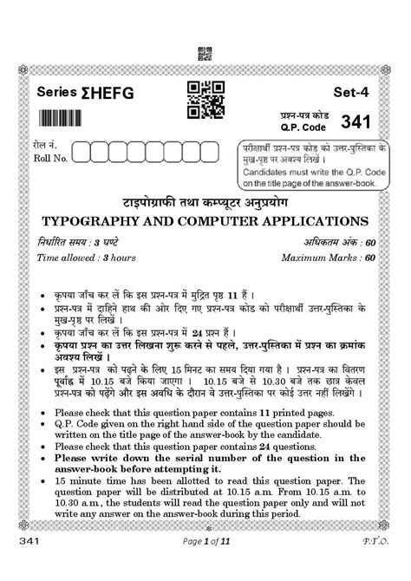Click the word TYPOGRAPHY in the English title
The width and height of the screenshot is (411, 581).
tap(92, 220)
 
